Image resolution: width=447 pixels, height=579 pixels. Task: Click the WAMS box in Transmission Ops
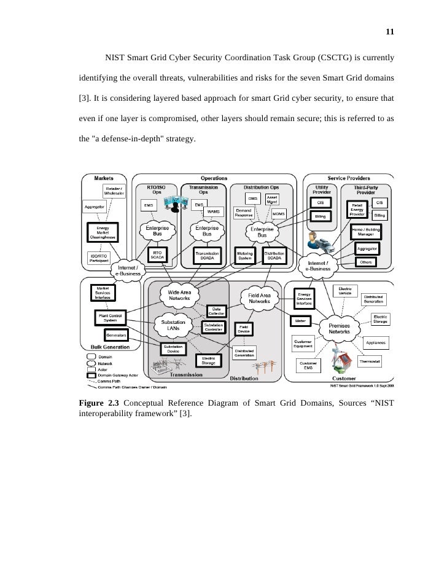pos(213,211)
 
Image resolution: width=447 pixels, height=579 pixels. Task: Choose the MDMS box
pos(279,213)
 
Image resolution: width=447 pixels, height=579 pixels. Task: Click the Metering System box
pos(246,255)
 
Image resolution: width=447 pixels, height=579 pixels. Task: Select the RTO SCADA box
pos(157,255)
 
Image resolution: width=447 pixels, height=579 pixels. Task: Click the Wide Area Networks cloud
pos(179,296)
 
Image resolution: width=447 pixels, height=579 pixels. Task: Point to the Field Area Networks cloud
pos(259,299)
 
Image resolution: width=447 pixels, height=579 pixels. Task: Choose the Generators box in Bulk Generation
pos(115,336)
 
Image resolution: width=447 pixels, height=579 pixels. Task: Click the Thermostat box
pos(370,363)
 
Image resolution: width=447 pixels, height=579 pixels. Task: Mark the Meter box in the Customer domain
pos(300,321)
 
